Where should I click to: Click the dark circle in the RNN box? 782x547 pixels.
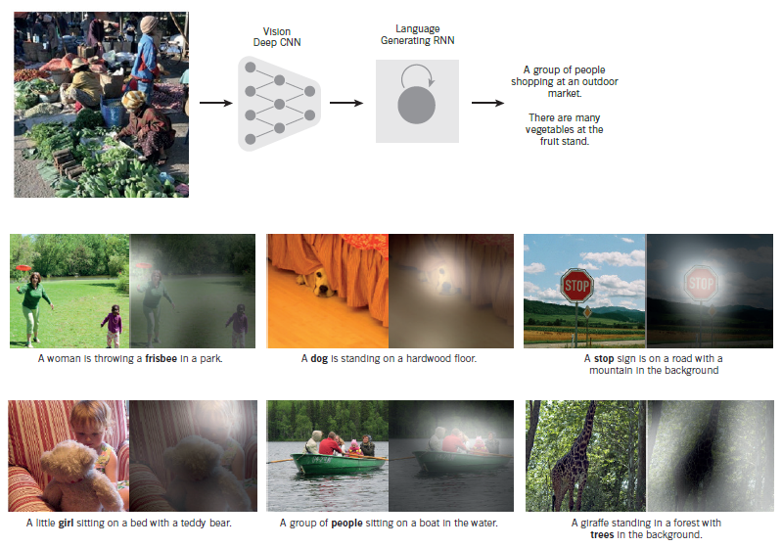point(416,104)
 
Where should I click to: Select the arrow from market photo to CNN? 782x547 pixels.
point(214,101)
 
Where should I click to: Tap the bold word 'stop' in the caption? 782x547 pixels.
point(605,359)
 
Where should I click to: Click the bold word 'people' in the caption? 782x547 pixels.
point(347,523)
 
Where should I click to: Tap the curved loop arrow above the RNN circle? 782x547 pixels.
point(417,74)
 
